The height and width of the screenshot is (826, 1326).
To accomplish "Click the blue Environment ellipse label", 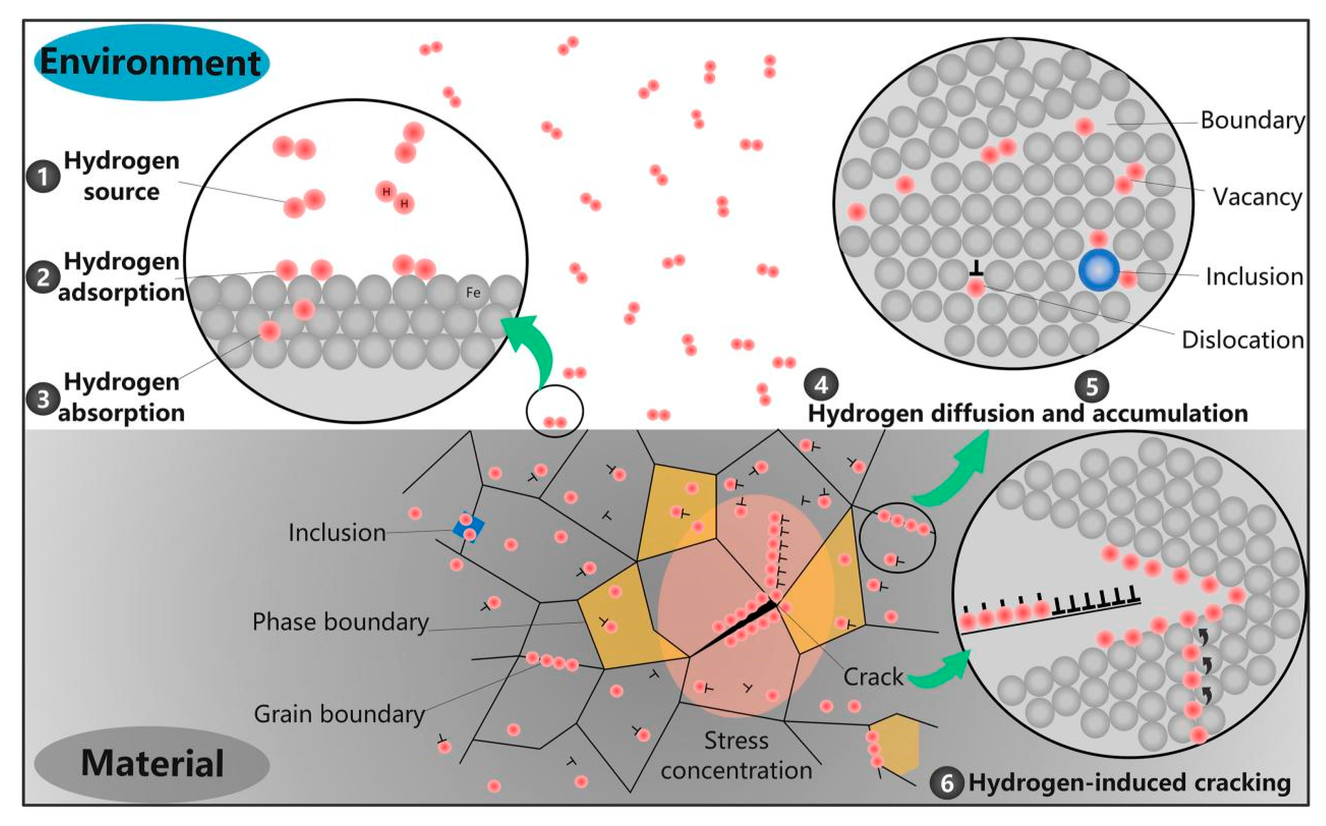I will click(x=151, y=62).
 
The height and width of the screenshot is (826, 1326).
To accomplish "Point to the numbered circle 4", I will click(x=821, y=385).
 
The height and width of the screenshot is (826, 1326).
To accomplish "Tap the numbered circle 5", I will click(x=1091, y=386).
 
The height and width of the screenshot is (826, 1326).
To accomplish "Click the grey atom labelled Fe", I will click(x=473, y=293).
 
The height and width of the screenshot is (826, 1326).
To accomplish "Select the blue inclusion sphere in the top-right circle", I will click(x=1099, y=270).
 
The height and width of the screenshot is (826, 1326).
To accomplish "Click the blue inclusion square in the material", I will click(x=469, y=527).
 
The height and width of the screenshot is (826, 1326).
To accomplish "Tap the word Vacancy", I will click(x=1257, y=197).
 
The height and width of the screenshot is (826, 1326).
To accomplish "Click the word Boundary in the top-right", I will click(x=1252, y=120).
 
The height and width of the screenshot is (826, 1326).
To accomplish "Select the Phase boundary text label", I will click(x=340, y=622).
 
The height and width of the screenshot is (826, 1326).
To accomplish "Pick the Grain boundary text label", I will click(x=339, y=714).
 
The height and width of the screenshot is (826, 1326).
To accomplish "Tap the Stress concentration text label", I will click(x=736, y=755).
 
